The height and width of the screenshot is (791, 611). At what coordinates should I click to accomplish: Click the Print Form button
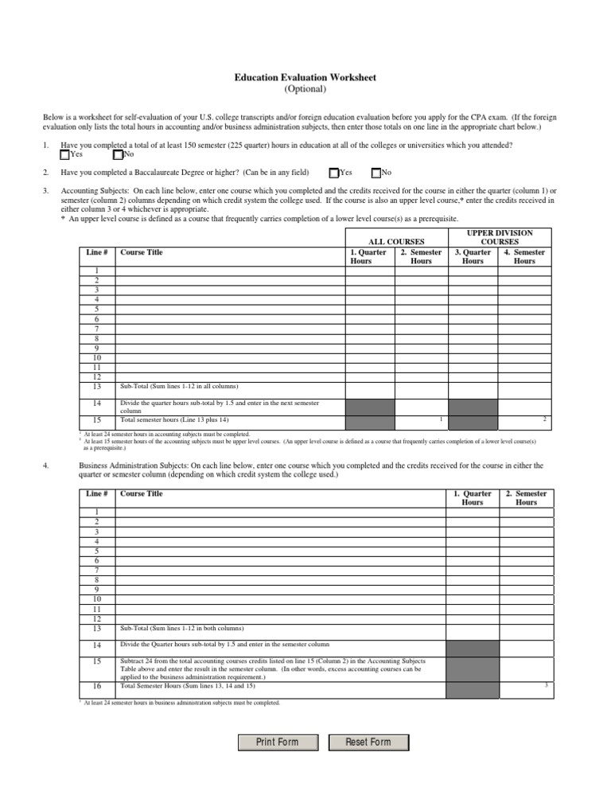pyautogui.click(x=277, y=742)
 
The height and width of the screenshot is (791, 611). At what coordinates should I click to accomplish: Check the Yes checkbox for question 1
pyautogui.click(x=65, y=155)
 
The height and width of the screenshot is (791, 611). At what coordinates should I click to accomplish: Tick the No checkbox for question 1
pyautogui.click(x=119, y=155)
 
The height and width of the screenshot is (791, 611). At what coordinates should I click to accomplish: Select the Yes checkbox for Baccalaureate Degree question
pyautogui.click(x=334, y=173)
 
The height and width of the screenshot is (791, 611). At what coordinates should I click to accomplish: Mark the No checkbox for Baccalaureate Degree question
pyautogui.click(x=376, y=173)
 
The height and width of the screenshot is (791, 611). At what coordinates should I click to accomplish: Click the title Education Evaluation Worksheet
pyautogui.click(x=305, y=78)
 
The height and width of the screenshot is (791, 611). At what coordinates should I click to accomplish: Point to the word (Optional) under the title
pyautogui.click(x=305, y=90)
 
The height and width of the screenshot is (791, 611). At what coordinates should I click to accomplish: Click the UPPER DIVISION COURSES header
pyautogui.click(x=499, y=237)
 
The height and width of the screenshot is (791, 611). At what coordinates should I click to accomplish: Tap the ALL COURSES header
pyautogui.click(x=395, y=241)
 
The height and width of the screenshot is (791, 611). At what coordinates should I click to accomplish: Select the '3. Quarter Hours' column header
pyautogui.click(x=473, y=256)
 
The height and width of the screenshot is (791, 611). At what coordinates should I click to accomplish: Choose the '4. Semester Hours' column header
pyautogui.click(x=524, y=256)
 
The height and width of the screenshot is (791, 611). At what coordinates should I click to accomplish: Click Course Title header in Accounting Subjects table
pyautogui.click(x=141, y=252)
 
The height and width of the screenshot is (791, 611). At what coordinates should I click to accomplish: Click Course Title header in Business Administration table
pyautogui.click(x=141, y=493)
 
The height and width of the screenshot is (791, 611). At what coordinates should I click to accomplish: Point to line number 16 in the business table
pyautogui.click(x=97, y=685)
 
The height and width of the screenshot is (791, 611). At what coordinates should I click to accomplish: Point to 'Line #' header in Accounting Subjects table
pyautogui.click(x=97, y=252)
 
